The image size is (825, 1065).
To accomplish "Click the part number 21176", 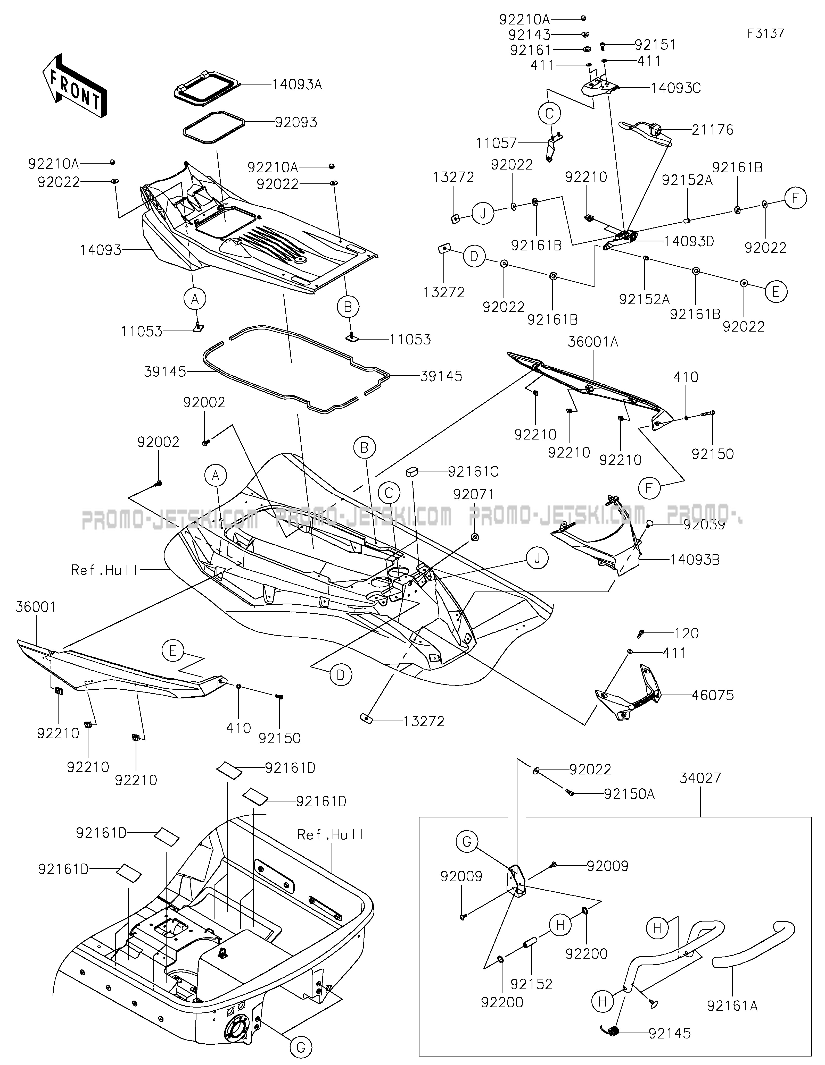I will point(712,130).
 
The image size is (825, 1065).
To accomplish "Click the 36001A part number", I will point(593,342).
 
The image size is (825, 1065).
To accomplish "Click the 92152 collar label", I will point(532,984).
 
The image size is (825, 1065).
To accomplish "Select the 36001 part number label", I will point(36,607).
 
